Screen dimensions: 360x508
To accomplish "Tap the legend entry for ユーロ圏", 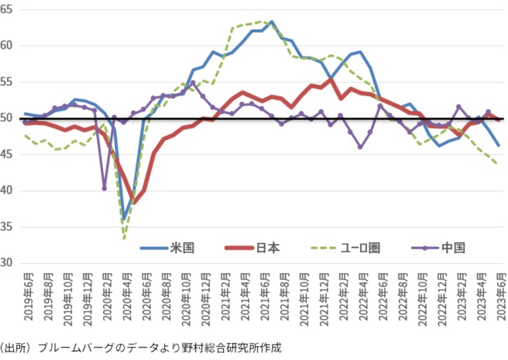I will tap(360, 249).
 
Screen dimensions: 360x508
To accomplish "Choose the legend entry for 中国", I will tap(452, 249).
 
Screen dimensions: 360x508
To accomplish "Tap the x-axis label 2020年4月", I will tap(126, 299).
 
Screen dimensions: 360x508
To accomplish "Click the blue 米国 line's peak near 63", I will tap(272, 22).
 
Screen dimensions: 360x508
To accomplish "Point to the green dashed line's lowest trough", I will tap(124, 238).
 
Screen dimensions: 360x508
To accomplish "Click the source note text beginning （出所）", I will tap(139, 348).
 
